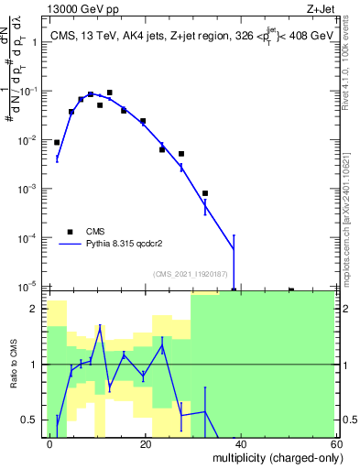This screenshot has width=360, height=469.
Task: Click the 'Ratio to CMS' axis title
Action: coord(16,364)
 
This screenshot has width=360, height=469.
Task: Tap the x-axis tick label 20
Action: coord(145,444)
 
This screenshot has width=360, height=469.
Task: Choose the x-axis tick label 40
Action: coord(240,444)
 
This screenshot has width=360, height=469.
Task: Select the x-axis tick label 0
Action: coord(50,444)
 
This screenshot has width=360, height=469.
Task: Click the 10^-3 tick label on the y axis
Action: coord(31,189)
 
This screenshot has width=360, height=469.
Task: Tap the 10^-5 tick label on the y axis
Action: coord(31,286)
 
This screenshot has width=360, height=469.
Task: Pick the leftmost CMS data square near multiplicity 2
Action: coord(57,142)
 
